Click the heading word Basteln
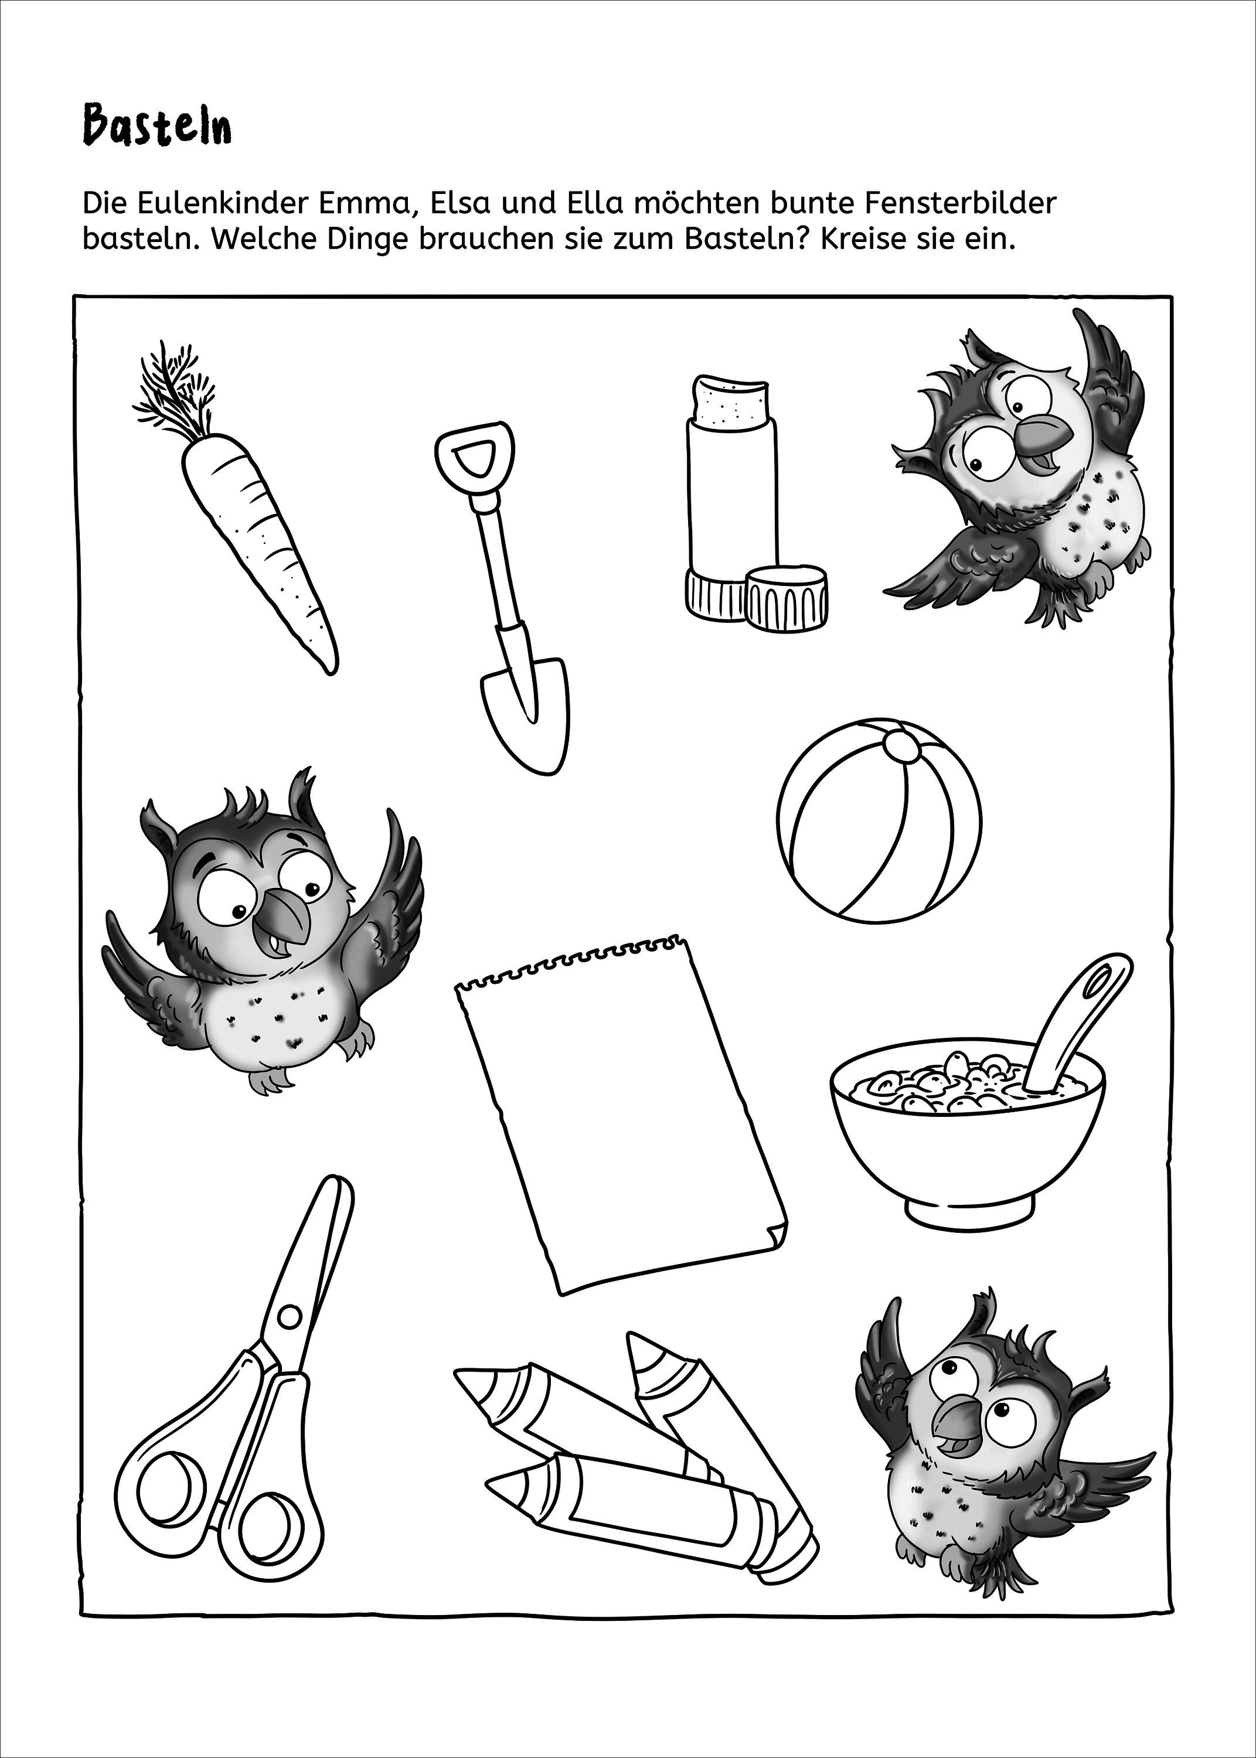click(x=157, y=127)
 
